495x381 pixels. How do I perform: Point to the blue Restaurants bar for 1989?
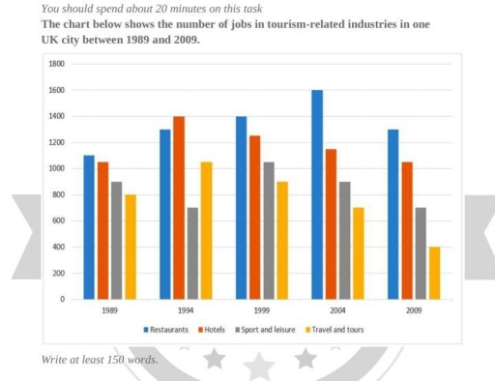point(89,227)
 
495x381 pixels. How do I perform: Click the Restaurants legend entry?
point(167,330)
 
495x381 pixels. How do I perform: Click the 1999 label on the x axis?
point(261,311)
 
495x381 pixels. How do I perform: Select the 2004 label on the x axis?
point(337,311)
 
